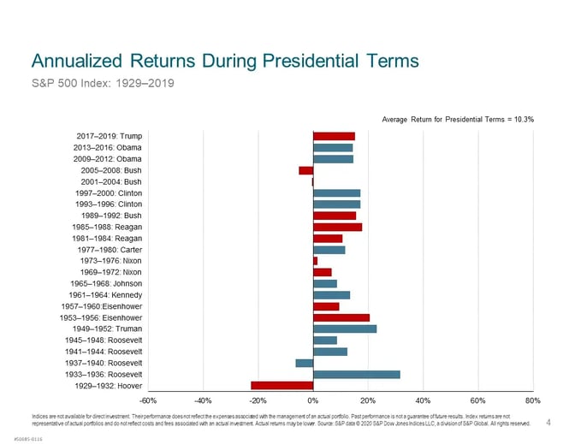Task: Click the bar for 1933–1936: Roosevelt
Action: (x=357, y=374)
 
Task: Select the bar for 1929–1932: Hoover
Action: (x=282, y=385)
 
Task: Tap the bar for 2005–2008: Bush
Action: (x=305, y=170)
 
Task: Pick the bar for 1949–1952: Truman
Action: (x=345, y=329)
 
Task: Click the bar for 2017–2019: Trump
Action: (x=334, y=136)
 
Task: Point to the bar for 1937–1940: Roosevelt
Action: (x=305, y=363)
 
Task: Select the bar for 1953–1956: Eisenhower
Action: (x=341, y=317)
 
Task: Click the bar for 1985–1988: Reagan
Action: (x=337, y=227)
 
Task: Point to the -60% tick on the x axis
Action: (x=147, y=400)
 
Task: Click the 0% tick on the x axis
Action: (x=313, y=400)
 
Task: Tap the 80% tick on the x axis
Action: (x=533, y=400)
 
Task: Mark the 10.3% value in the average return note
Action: (x=521, y=119)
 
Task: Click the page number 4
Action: (x=548, y=421)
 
